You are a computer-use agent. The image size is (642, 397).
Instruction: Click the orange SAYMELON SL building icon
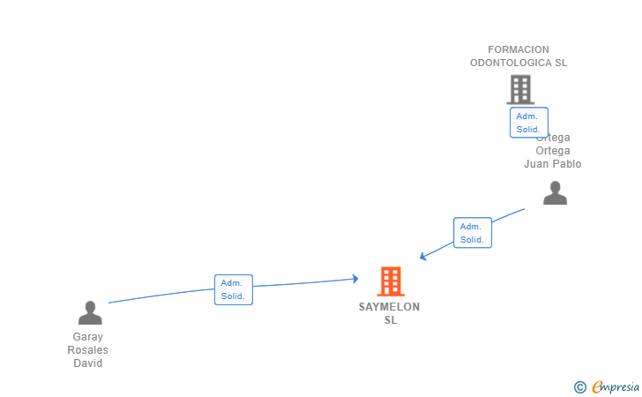coord(391,281)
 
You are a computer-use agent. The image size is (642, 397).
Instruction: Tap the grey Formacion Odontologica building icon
coord(520,89)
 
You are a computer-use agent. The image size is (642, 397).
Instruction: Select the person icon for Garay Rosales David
coord(90,312)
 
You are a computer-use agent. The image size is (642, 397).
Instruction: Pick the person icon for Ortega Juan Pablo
coord(555,192)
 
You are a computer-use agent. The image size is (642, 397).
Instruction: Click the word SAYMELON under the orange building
coord(389,307)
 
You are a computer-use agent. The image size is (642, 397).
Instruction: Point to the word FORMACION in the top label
coord(519,50)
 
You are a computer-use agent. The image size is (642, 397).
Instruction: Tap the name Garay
coord(88,337)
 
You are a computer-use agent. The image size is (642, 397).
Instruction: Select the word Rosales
coord(88,350)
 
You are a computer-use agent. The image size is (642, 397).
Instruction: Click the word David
coord(88,363)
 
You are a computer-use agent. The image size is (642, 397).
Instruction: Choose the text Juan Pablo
coord(553,164)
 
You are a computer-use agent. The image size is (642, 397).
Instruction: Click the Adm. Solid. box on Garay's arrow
coord(234,289)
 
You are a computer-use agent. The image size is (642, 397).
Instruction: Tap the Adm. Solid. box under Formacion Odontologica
coord(528,123)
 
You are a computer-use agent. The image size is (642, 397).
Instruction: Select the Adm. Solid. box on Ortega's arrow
coord(473,233)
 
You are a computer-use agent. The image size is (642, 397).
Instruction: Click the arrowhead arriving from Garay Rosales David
coord(355,279)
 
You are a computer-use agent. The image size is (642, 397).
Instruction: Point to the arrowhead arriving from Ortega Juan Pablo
coord(422,257)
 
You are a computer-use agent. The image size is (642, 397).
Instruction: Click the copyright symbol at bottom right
coord(579,386)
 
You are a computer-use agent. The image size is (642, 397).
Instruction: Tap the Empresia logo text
coord(616,386)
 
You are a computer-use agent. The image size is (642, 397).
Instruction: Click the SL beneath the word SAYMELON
coord(391,320)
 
